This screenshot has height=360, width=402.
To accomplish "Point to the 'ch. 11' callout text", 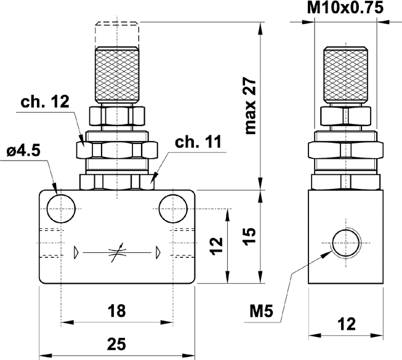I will tap(197, 142).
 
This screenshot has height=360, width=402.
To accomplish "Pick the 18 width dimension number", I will tap(116, 311).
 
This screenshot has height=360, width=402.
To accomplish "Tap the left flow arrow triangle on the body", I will tap(76, 252).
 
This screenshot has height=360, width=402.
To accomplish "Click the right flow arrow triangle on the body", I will tap(157, 252).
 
